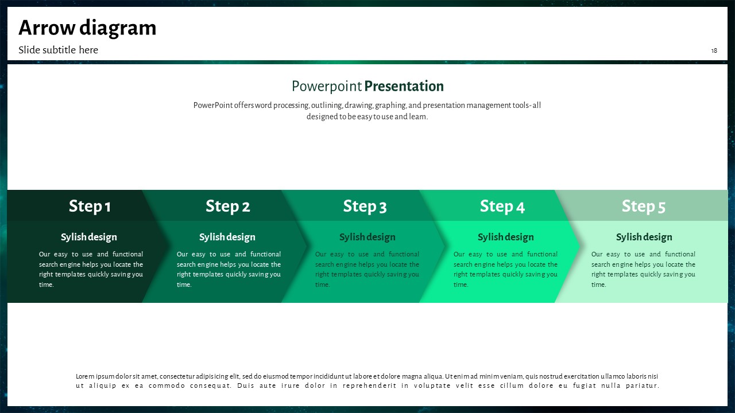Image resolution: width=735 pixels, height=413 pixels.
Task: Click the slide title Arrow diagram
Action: (x=87, y=28)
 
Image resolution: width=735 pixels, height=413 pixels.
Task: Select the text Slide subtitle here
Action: (x=58, y=50)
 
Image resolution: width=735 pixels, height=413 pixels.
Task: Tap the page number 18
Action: (x=714, y=50)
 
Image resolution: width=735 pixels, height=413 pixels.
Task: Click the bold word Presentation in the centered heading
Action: (x=404, y=86)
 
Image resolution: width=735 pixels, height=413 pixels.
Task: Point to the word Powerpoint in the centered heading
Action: (x=327, y=87)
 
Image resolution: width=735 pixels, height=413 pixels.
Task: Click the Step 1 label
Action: (x=90, y=206)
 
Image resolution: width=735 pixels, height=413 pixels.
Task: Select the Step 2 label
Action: (x=228, y=206)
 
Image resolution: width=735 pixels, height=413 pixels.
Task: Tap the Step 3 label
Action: (x=365, y=206)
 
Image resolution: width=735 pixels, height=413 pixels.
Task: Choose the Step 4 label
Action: (x=502, y=206)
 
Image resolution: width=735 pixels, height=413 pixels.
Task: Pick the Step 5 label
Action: (x=644, y=206)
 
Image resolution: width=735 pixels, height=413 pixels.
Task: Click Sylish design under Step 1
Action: (x=89, y=237)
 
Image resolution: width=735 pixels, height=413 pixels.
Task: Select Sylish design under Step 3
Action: (x=367, y=237)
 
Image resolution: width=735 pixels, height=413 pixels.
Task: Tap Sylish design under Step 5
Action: (x=644, y=237)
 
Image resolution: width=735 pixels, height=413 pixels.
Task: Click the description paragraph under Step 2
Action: (x=229, y=269)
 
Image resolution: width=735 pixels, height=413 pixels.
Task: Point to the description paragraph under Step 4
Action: (x=505, y=269)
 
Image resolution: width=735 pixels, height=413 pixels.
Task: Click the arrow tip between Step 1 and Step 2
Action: (x=169, y=246)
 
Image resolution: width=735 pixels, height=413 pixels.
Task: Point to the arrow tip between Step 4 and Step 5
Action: (x=579, y=246)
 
